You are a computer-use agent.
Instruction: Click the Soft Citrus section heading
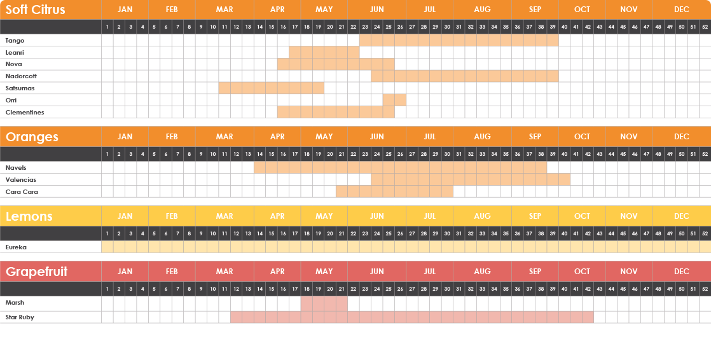click(x=36, y=10)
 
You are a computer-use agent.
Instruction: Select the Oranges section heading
click(x=32, y=137)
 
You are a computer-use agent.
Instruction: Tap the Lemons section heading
click(x=29, y=216)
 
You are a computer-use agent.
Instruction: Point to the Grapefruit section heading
click(x=37, y=272)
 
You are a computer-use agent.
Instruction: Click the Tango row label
click(x=15, y=40)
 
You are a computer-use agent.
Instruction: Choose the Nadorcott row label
click(x=21, y=76)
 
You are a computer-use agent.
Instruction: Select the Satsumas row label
click(x=20, y=88)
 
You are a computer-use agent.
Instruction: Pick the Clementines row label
click(x=25, y=112)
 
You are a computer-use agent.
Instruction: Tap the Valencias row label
click(x=21, y=179)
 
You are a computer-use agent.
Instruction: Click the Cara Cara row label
click(x=22, y=191)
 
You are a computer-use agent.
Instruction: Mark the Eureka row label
click(x=16, y=247)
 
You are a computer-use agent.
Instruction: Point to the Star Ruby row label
click(x=20, y=317)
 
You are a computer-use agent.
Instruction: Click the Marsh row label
click(x=15, y=303)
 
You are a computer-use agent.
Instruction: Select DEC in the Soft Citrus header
click(x=682, y=10)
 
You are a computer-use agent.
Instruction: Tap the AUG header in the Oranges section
click(x=482, y=137)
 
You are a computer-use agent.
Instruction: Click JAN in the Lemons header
click(x=125, y=216)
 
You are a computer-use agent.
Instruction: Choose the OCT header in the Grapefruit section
click(x=582, y=272)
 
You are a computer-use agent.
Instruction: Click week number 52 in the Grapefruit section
click(x=705, y=289)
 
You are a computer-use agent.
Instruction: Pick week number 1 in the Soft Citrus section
click(x=107, y=27)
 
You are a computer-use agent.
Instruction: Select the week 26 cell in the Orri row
click(x=400, y=100)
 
